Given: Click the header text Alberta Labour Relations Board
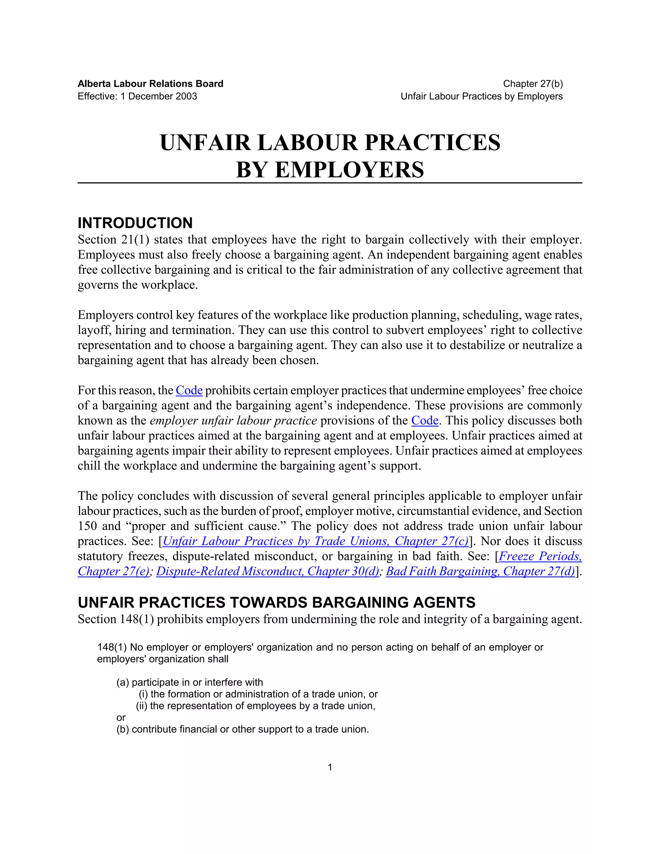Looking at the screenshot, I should (150, 84).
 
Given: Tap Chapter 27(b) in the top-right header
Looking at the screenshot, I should (532, 84).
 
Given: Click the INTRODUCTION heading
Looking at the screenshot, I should (135, 223).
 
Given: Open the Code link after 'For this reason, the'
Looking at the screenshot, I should (189, 390).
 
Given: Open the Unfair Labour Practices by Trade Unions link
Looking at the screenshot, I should (315, 541).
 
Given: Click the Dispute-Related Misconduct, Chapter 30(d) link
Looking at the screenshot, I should (267, 571).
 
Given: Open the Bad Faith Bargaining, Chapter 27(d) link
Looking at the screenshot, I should (480, 571).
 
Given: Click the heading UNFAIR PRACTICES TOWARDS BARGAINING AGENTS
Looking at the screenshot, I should (277, 603).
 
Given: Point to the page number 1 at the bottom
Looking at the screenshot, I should (330, 767).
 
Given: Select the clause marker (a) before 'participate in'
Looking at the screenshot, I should (123, 682).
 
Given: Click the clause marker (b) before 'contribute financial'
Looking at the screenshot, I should (123, 729).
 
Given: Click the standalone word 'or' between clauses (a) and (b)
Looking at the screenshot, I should (121, 718).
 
